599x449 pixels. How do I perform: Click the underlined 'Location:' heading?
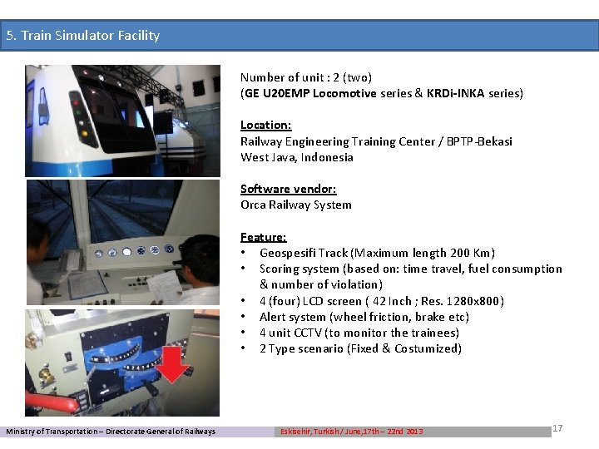265,125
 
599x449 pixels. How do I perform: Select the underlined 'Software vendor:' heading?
288,189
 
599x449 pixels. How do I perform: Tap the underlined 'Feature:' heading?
263,237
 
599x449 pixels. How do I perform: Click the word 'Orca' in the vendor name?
254,205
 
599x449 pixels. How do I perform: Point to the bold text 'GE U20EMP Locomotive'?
309,93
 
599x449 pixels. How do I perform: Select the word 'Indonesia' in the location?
327,157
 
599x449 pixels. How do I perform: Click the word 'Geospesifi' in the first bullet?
288,253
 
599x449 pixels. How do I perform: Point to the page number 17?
557,427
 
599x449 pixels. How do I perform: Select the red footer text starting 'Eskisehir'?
351,431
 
